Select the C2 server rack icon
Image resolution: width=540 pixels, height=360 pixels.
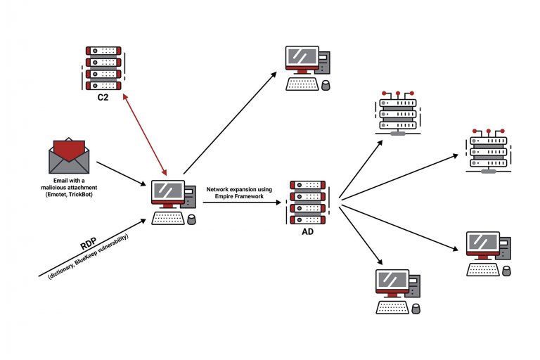(x=102, y=67)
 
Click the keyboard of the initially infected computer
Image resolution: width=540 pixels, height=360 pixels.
(x=168, y=218)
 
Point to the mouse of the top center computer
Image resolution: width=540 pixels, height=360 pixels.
(x=325, y=85)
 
